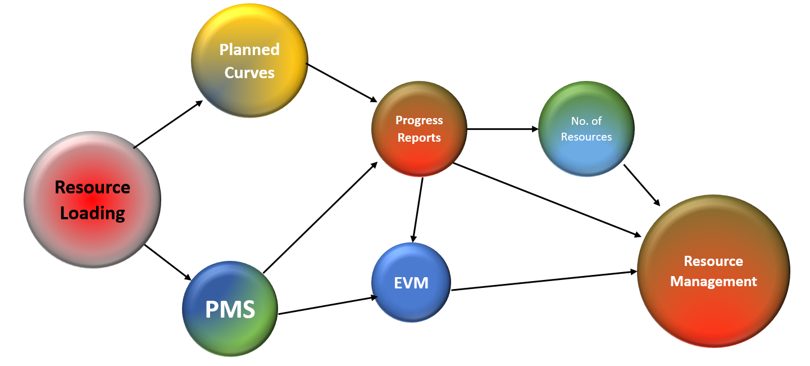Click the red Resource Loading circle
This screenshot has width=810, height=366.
93,200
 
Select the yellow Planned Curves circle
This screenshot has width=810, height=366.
249,61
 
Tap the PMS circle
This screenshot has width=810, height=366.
230,309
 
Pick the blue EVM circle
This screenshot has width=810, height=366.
412,282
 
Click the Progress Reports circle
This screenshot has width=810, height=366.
419,129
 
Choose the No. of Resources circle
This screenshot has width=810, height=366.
586,129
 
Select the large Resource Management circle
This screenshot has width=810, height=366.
713,271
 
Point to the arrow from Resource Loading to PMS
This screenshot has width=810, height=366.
168,263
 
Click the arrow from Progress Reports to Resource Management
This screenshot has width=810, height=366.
548,200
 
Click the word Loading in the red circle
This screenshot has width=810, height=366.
92,214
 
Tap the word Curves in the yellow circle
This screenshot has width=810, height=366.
249,73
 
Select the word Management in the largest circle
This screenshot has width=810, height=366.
713,281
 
